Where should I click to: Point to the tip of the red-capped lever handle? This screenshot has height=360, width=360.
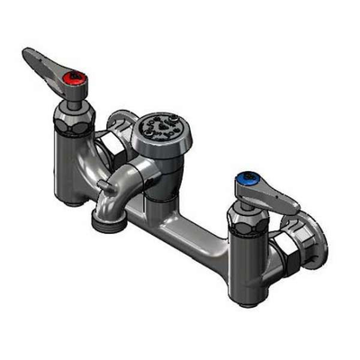click(x=29, y=58)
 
